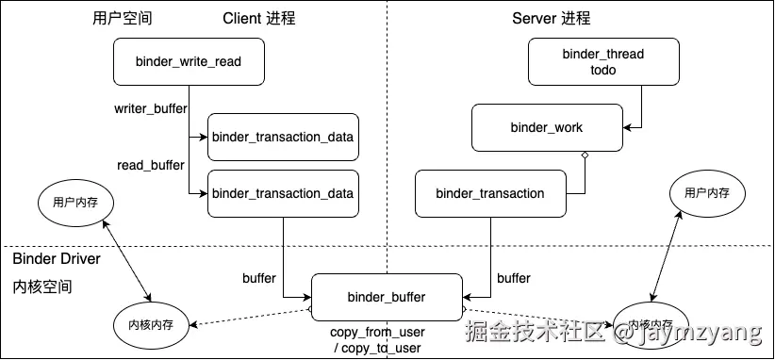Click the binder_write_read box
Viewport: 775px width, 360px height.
pyautogui.click(x=189, y=61)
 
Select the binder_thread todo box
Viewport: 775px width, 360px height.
pyautogui.click(x=602, y=61)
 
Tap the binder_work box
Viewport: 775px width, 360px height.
pyautogui.click(x=546, y=127)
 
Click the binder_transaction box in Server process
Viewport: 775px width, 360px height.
pyautogui.click(x=489, y=193)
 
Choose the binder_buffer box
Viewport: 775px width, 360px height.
pyautogui.click(x=387, y=297)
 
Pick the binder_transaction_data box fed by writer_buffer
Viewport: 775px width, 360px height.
pyautogui.click(x=283, y=137)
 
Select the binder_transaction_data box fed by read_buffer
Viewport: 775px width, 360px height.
pyautogui.click(x=283, y=193)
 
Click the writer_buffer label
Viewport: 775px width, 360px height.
pyautogui.click(x=150, y=109)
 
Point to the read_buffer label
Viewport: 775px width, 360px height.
pyautogui.click(x=151, y=165)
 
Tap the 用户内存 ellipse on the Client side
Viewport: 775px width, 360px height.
pyautogui.click(x=75, y=202)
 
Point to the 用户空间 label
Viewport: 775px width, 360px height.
pyautogui.click(x=123, y=18)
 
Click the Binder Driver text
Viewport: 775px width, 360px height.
pyautogui.click(x=57, y=258)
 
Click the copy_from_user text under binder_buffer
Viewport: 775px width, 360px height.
pyautogui.click(x=377, y=332)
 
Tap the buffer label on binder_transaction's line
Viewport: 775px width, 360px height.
pyautogui.click(x=513, y=278)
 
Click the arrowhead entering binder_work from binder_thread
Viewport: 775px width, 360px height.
pyautogui.click(x=627, y=127)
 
